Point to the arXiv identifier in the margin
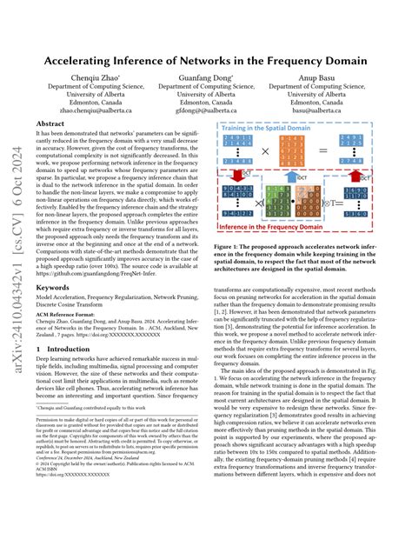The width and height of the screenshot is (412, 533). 11,261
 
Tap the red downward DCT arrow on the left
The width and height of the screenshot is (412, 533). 237,177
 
